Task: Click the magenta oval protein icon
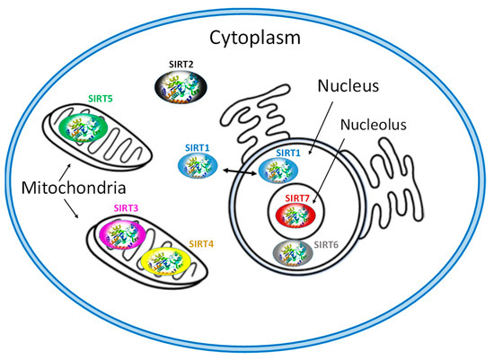(x=126, y=236)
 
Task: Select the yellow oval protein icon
(x=167, y=261)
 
